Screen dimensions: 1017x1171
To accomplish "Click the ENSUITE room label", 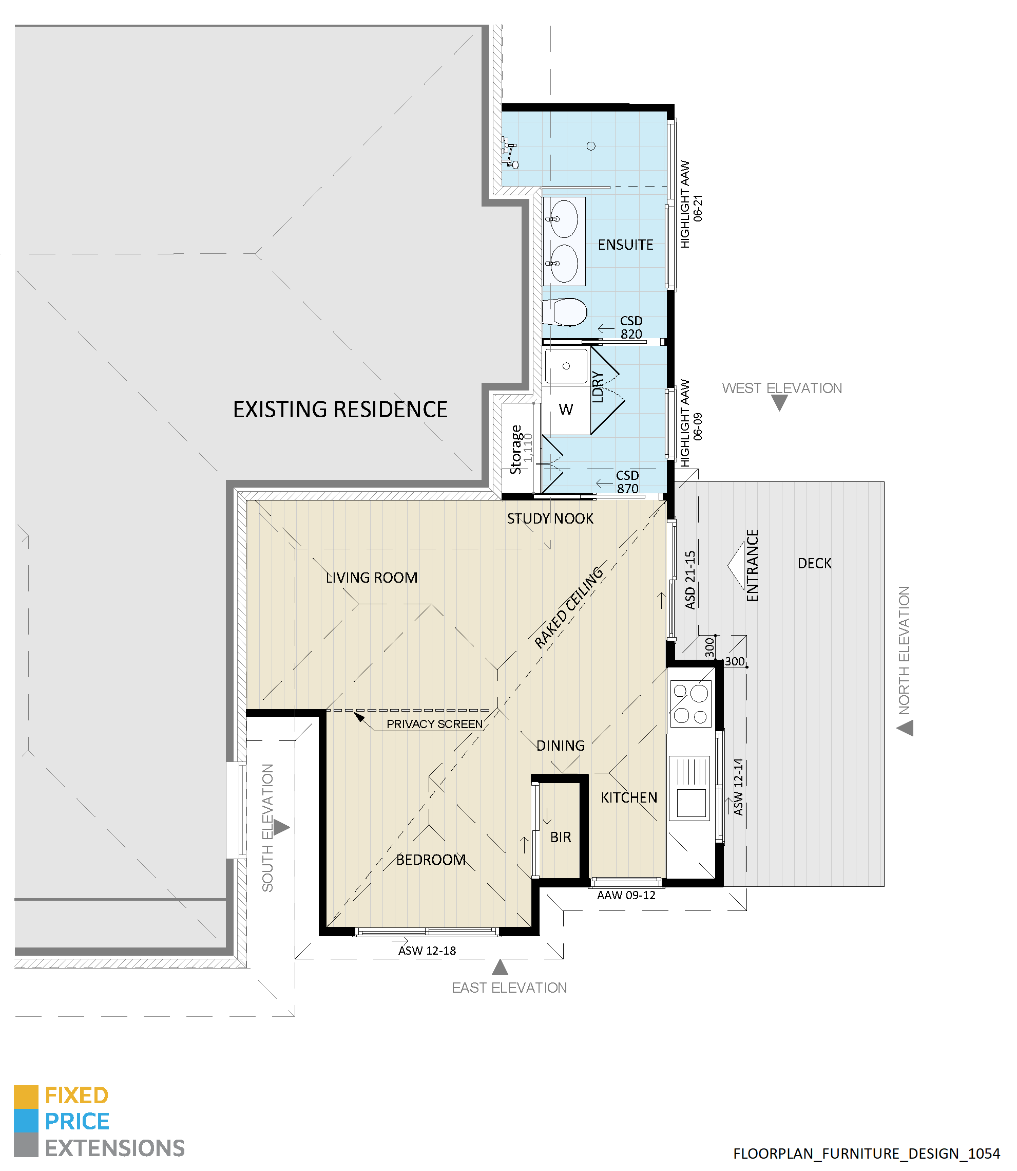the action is coord(625,245).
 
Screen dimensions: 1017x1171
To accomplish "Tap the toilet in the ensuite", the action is coord(564,312).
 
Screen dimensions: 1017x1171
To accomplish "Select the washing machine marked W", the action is coord(566,410).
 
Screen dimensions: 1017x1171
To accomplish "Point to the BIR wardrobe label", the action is coord(561,838).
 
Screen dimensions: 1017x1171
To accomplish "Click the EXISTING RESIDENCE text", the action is coord(340,410).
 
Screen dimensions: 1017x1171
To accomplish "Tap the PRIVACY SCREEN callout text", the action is coord(435,724).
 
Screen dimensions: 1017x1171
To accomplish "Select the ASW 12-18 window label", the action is coord(427,951).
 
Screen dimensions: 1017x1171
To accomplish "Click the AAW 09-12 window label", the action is coord(626,896).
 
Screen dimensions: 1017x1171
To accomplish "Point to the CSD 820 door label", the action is coord(631,328).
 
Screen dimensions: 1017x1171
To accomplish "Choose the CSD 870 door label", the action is coord(628,481).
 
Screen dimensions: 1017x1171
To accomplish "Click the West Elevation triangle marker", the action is coord(780,403).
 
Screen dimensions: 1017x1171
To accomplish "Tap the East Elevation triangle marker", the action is coord(500,967).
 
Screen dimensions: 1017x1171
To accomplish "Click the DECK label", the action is coord(814,563).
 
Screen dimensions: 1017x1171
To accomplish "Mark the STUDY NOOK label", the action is coord(550,518).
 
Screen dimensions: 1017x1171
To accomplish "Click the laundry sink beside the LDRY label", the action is coord(566,366).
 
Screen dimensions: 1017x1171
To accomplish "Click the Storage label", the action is coord(516,449).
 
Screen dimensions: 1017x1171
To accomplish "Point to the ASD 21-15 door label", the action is coord(690,580).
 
